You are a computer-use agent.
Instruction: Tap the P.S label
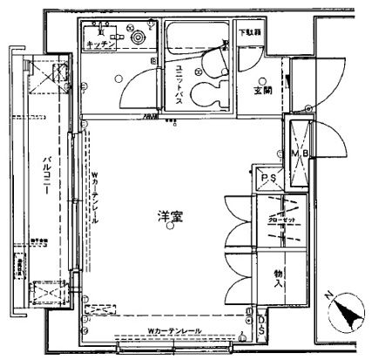point(268,178)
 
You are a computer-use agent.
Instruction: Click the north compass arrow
point(345,310)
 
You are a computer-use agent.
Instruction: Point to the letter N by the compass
point(326,295)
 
